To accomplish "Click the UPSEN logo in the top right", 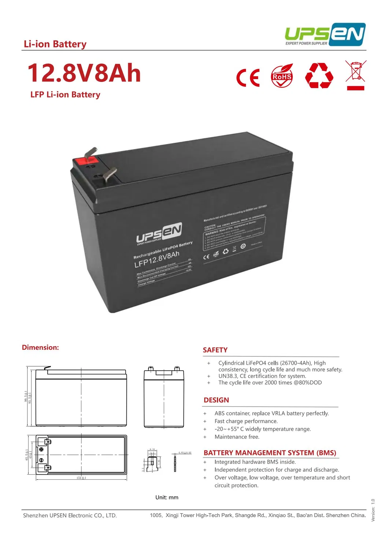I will tap(325, 34).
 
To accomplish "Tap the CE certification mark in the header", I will tap(248, 77).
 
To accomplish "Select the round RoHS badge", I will tap(282, 76).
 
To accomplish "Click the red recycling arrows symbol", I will tap(319, 76).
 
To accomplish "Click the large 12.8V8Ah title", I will tap(84, 73).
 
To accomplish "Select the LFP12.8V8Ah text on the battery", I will tap(157, 259).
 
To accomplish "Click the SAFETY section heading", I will tap(215, 350).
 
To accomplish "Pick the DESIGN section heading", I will tap(216, 400).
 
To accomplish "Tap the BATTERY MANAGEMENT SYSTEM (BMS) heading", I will tap(270, 453).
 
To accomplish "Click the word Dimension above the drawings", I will tap(40, 348).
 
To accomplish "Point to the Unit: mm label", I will tap(167, 497).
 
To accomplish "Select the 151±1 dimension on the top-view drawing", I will tap(81, 478).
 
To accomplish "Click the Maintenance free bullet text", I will tap(237, 437).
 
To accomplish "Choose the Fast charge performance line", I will tap(246, 421).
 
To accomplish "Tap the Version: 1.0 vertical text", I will tap(373, 510).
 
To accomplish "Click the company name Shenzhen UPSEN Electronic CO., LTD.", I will tap(70, 516).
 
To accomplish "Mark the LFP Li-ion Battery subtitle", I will tap(65, 95).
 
